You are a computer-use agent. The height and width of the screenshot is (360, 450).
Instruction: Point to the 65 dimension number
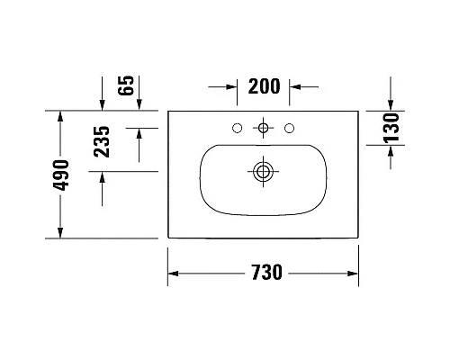(126, 86)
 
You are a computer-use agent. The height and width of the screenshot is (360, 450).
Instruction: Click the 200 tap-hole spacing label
(263, 87)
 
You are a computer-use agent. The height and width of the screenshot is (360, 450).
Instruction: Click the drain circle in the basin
(263, 169)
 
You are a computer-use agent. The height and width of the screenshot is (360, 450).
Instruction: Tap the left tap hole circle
(237, 129)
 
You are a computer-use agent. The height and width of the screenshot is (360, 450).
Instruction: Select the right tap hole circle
(289, 129)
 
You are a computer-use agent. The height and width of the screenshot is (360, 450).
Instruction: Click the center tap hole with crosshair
(263, 129)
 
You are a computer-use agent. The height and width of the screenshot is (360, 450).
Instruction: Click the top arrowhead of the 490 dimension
(60, 116)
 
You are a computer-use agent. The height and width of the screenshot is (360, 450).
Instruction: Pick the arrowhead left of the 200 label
(230, 87)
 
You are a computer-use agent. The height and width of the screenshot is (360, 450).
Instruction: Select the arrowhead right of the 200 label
(295, 87)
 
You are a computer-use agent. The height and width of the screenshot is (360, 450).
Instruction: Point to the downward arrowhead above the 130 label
(390, 106)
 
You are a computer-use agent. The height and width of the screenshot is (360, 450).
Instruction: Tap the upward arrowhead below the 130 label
(390, 154)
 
